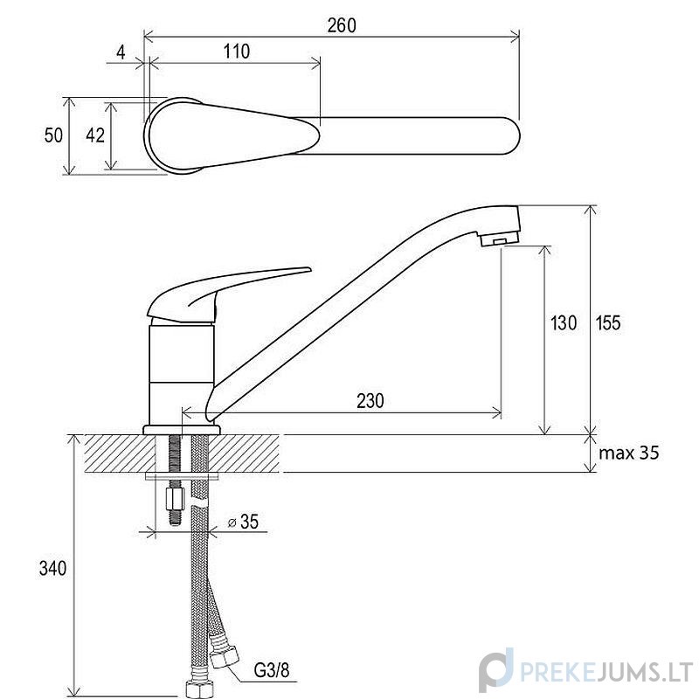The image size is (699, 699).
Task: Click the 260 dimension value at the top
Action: (x=342, y=26)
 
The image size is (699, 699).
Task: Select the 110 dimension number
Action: (x=237, y=52)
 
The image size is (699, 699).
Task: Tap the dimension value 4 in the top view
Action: (x=121, y=52)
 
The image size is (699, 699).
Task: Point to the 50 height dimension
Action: (x=53, y=135)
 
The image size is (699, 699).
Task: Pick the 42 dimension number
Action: (x=95, y=135)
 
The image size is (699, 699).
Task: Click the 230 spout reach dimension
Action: (x=370, y=401)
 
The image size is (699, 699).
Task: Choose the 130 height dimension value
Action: (x=564, y=322)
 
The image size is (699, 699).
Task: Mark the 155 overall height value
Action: (x=608, y=322)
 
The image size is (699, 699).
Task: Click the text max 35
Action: (x=629, y=453)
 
